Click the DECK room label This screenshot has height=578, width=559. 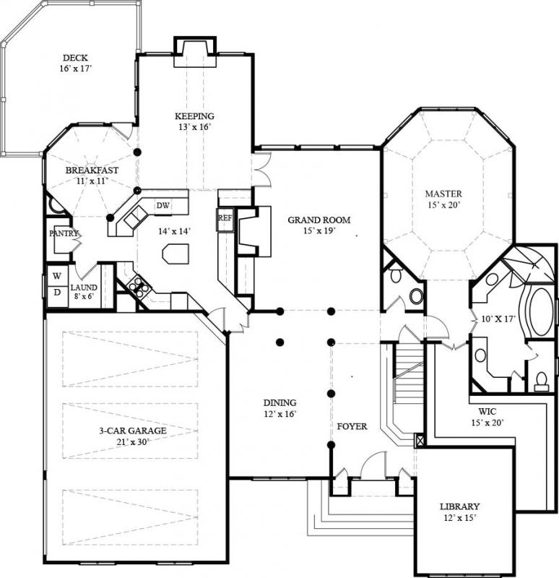(x=75, y=58)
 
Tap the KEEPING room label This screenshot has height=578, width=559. (x=194, y=116)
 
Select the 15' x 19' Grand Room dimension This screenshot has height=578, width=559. (x=318, y=230)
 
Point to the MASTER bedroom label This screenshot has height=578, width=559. (x=443, y=194)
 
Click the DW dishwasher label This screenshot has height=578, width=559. (x=163, y=205)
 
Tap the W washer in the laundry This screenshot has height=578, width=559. (x=57, y=276)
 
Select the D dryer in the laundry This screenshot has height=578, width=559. (x=57, y=293)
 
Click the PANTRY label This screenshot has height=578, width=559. (x=64, y=233)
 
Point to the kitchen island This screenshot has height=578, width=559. (x=175, y=254)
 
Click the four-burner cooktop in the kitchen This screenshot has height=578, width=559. (x=139, y=285)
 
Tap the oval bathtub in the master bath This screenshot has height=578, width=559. (x=541, y=311)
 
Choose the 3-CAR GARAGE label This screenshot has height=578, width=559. (x=133, y=431)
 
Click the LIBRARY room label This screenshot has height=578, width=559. (x=460, y=506)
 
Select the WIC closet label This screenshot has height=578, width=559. (x=487, y=411)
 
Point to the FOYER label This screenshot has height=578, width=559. (x=352, y=426)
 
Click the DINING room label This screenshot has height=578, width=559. (x=279, y=403)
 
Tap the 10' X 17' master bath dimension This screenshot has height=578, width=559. (x=498, y=319)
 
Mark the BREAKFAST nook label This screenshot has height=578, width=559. (x=92, y=171)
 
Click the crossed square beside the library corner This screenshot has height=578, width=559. (x=420, y=440)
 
